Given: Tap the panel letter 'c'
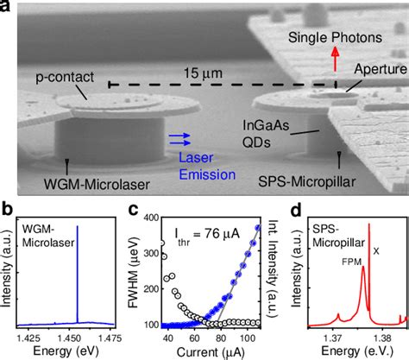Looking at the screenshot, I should tap(148, 208).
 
